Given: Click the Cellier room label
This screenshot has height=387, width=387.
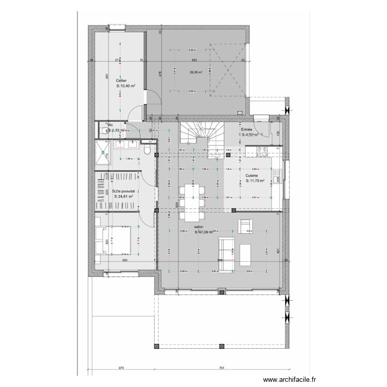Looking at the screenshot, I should click(x=121, y=81).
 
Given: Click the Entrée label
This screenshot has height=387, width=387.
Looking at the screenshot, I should click(x=247, y=130).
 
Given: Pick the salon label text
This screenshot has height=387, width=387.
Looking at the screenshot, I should click(x=199, y=227).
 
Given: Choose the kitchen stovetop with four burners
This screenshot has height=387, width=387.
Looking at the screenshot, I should click(x=261, y=152).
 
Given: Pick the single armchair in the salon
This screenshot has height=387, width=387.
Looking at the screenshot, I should click(x=244, y=226).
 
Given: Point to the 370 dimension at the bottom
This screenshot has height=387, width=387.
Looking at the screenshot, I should click(x=121, y=368).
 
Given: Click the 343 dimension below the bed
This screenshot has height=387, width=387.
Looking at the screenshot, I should click(x=125, y=261).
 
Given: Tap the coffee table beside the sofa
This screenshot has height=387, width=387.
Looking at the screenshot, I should click(x=246, y=255).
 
